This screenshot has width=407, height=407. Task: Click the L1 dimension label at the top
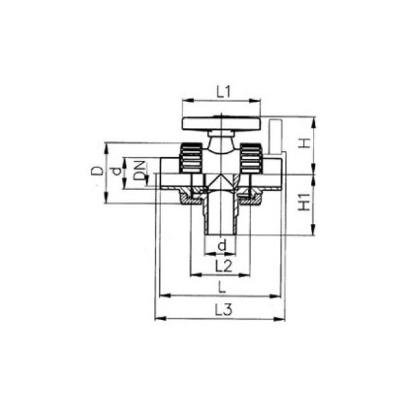[222, 92]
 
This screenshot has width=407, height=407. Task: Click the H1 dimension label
[305, 203]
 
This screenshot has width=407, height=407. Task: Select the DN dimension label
[139, 171]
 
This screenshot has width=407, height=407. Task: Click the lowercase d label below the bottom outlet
[222, 245]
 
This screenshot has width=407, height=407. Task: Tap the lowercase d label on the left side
[115, 171]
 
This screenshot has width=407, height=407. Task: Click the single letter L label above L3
[222, 287]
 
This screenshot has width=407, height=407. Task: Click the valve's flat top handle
[221, 123]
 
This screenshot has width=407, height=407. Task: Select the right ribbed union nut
[251, 158]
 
